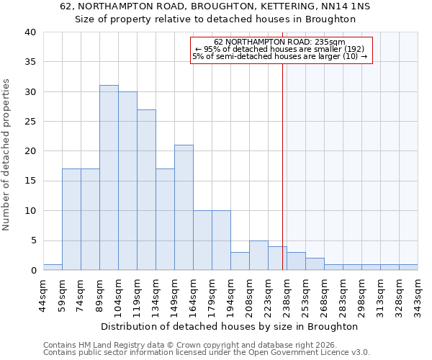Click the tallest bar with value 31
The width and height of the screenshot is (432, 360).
(x=109, y=178)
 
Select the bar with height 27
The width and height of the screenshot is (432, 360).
(x=146, y=190)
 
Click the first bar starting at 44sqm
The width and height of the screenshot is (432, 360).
(x=53, y=267)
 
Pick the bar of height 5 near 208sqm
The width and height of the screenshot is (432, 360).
(x=258, y=256)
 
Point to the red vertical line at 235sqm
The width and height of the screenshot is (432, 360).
(x=282, y=158)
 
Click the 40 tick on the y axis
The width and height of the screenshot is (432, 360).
(x=30, y=32)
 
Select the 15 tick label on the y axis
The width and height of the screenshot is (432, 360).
(x=30, y=181)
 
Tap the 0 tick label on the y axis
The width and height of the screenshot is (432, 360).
(x=33, y=271)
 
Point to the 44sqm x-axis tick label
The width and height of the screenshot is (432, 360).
(x=43, y=294)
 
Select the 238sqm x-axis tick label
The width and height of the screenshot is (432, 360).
(x=287, y=294)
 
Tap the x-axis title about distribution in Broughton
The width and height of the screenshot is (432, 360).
(x=229, y=326)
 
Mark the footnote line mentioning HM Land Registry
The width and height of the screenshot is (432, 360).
(x=175, y=345)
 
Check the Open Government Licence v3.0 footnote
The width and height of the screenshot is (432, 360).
(x=206, y=352)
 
